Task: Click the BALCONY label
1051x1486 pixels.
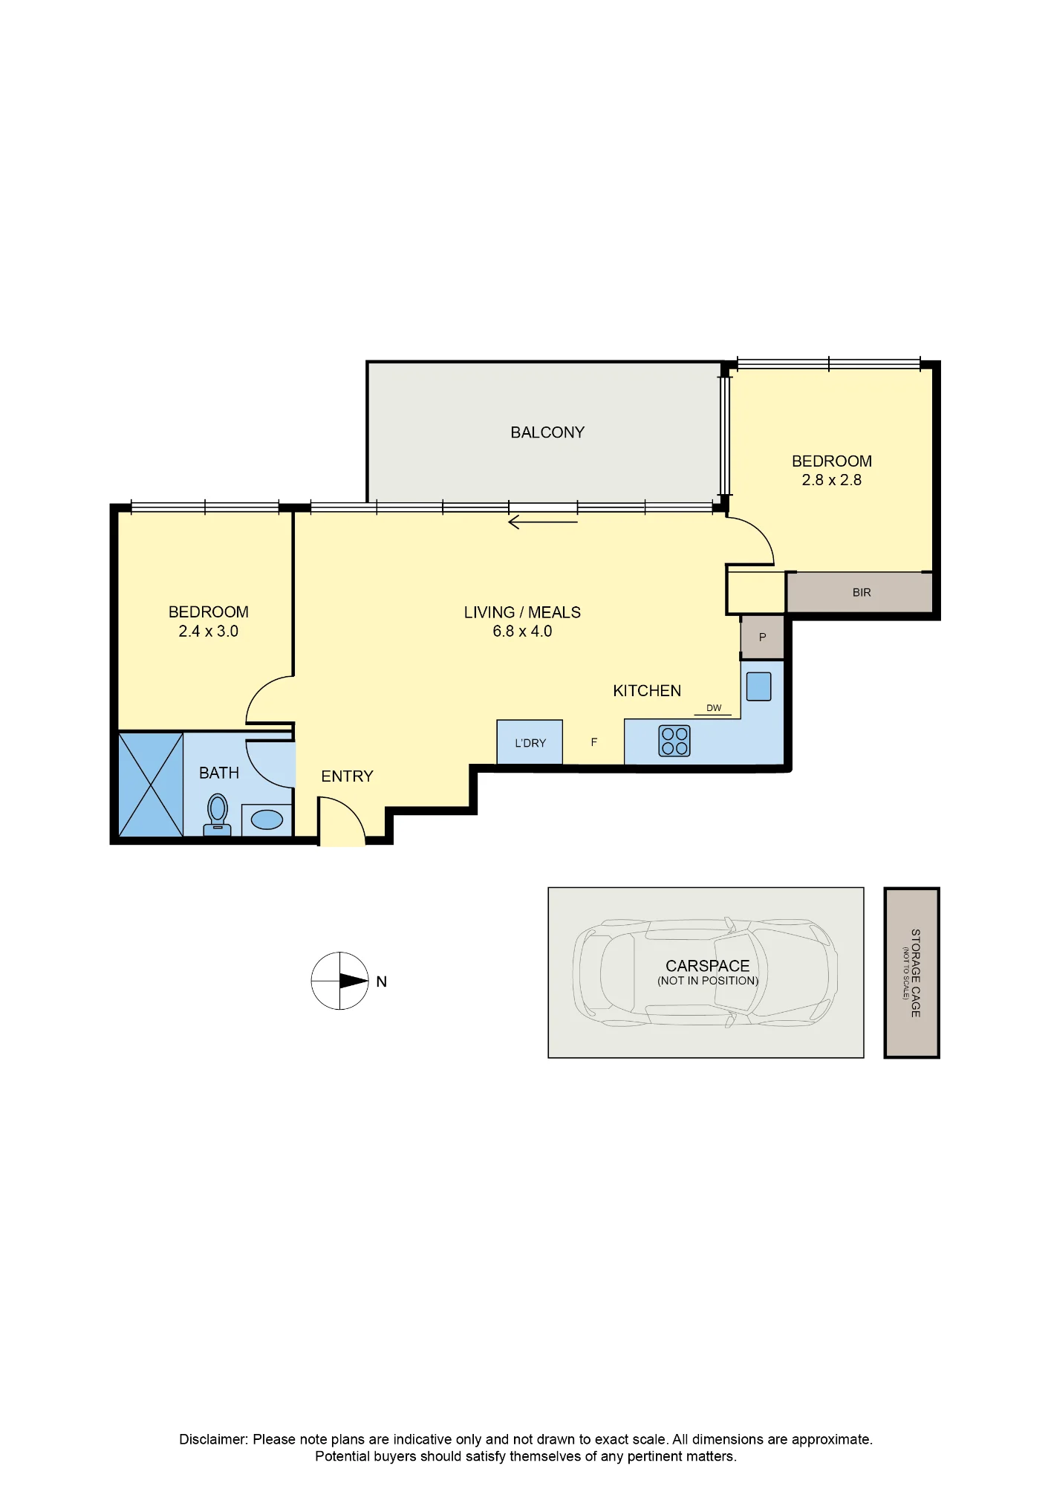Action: coord(547,432)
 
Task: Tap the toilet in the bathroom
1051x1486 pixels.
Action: coord(218,815)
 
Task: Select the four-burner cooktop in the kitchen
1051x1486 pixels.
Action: coord(674,741)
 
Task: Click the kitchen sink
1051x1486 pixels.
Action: coord(758,686)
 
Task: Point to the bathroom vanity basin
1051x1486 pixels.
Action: coord(267,820)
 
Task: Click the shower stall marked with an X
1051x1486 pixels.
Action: coord(151,785)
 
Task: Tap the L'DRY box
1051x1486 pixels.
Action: coord(530,742)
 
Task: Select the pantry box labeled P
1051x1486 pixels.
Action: coord(762,637)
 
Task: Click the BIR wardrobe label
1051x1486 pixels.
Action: coord(862,592)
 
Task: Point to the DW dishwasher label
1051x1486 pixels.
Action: coord(714,707)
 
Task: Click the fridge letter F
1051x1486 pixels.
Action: coord(594,742)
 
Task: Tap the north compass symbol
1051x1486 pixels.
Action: coord(340,981)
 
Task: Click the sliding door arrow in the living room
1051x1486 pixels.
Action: coord(543,522)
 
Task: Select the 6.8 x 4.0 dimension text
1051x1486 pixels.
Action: coord(522,632)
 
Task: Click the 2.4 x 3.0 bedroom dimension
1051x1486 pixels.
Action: coord(208,632)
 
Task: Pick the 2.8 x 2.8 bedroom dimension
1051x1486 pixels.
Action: coord(831,480)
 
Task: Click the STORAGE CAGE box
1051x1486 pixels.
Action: coord(911,973)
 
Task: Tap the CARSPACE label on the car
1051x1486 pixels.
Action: coord(707,966)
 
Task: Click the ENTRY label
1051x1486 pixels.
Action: coord(347,776)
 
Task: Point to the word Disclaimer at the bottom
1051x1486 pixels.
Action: coord(213,1439)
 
